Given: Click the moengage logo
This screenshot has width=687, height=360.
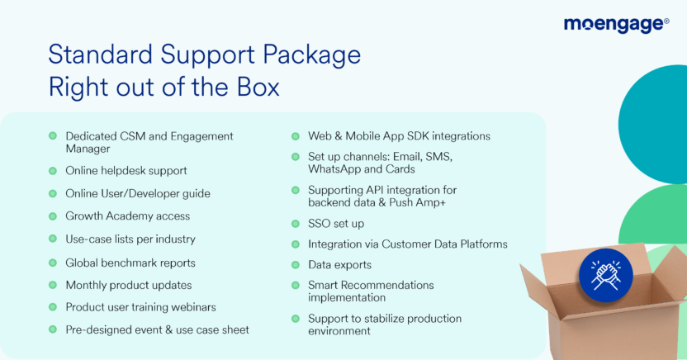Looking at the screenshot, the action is pos(616,25).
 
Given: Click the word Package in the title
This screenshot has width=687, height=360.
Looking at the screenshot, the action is pos(311,55).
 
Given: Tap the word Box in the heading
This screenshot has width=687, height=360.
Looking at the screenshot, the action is pos(258,87).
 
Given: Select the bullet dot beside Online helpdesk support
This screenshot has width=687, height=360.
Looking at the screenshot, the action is pos(53,171).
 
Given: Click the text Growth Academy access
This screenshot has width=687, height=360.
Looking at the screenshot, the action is pos(127,216).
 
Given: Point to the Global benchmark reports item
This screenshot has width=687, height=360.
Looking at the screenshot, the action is pos(130,263).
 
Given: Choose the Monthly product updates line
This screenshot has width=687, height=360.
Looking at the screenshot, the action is pos(129,285).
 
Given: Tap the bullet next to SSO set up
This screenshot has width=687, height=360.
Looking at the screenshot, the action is pos(296,224).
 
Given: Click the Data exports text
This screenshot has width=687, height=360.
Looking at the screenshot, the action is pos(339,265).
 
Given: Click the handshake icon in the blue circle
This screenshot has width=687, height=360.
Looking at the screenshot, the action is pos(606,276).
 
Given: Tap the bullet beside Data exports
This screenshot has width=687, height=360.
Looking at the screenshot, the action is pos(296,265).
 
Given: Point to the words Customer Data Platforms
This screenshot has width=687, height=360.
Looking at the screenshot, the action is pos(444,244).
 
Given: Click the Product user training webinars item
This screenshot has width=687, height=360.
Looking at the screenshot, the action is pos(140,307).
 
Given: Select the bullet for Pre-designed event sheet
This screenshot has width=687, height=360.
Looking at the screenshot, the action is pos(53,329).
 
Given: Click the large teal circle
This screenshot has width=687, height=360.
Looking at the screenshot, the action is pos(653,125).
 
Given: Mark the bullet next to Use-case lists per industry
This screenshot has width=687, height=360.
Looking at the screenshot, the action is pos(53,239).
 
